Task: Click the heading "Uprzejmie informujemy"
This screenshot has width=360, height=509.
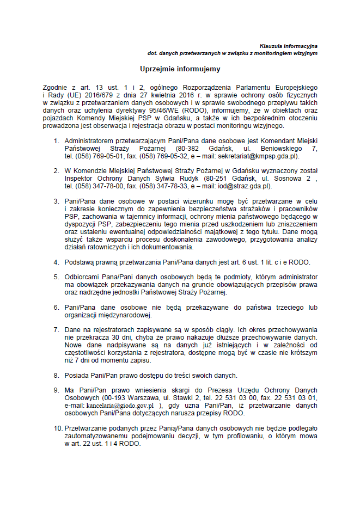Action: point(180,69)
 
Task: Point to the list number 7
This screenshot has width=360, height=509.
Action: point(56,330)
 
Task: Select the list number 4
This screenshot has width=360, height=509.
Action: point(56,262)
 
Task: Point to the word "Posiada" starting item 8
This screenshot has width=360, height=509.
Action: point(77,375)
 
